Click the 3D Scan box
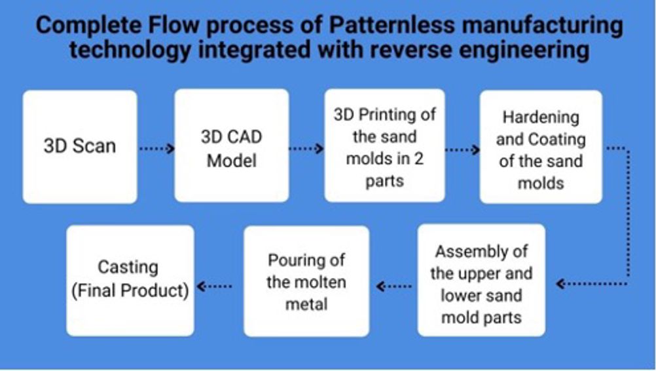(80, 147)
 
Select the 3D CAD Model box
(231, 146)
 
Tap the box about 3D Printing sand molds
(384, 146)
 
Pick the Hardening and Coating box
(541, 147)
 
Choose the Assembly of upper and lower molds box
(481, 280)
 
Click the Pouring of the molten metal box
(306, 281)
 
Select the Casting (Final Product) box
(130, 281)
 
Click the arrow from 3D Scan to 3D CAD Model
(156, 148)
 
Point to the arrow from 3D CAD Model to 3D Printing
(306, 148)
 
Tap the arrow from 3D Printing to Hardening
(462, 149)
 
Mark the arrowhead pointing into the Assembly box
(560, 284)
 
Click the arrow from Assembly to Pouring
(393, 286)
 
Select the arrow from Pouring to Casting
(214, 286)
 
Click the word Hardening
(541, 118)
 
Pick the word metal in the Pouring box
(306, 304)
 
